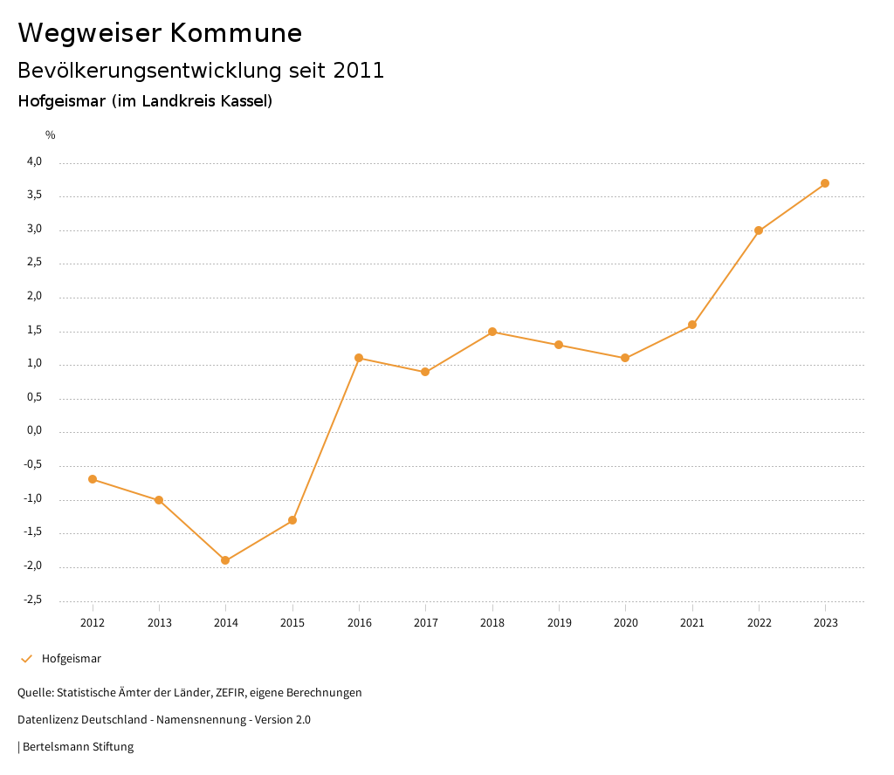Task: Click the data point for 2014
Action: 225,560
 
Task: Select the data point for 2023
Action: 825,183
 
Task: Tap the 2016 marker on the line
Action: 359,358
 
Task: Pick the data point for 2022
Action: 759,230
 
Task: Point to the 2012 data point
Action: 93,479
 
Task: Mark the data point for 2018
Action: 492,332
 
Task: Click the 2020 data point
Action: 625,358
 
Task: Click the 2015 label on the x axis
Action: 292,622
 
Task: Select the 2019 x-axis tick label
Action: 559,622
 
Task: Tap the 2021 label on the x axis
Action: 692,622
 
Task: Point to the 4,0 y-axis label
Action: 34,161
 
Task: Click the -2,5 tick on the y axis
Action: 32,600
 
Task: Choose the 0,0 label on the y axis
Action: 34,431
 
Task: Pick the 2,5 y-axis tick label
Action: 34,263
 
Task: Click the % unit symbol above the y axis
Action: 51,135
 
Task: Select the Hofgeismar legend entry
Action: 71,659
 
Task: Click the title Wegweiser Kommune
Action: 160,33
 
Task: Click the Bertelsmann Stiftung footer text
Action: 78,747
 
